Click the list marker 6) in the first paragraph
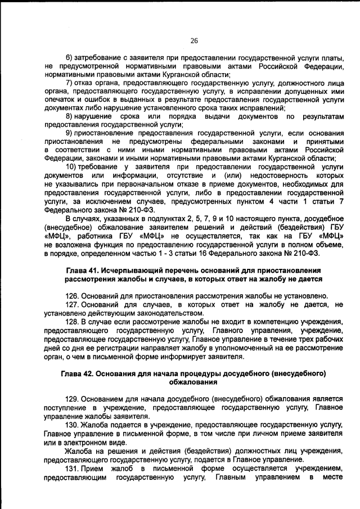tap(70, 58)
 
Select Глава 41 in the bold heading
tap(84, 270)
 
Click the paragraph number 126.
tap(73, 295)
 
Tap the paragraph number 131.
tap(73, 469)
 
